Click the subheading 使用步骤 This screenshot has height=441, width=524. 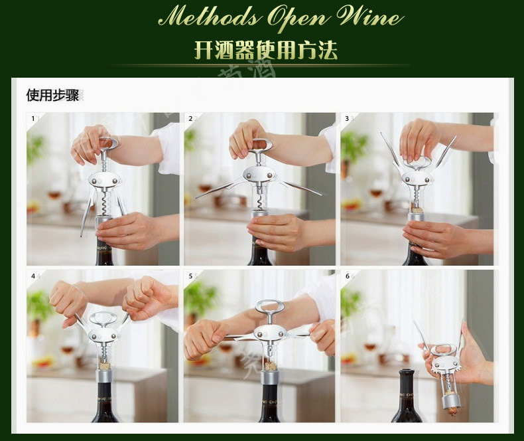pyautogui.click(x=52, y=95)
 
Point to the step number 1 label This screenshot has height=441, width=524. pyautogui.click(x=33, y=118)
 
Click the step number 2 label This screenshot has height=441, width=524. pyautogui.click(x=190, y=118)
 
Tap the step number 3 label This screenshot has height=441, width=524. pyautogui.click(x=347, y=118)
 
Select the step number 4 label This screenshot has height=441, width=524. pyautogui.click(x=33, y=275)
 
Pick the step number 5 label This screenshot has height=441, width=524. pyautogui.click(x=190, y=275)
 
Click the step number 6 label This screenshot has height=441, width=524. pyautogui.click(x=347, y=275)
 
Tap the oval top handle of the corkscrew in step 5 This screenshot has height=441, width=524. pyautogui.click(x=269, y=307)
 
